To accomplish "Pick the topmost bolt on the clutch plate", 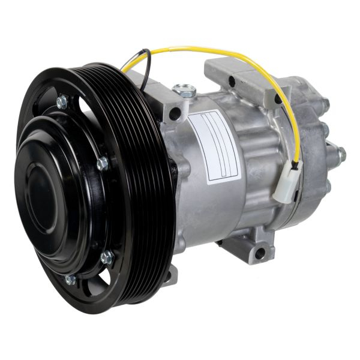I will coord(62,103).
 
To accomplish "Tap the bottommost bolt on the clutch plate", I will coord(70,280).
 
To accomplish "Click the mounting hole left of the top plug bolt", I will coord(174,112).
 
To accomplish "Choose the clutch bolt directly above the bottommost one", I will coord(107,258).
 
